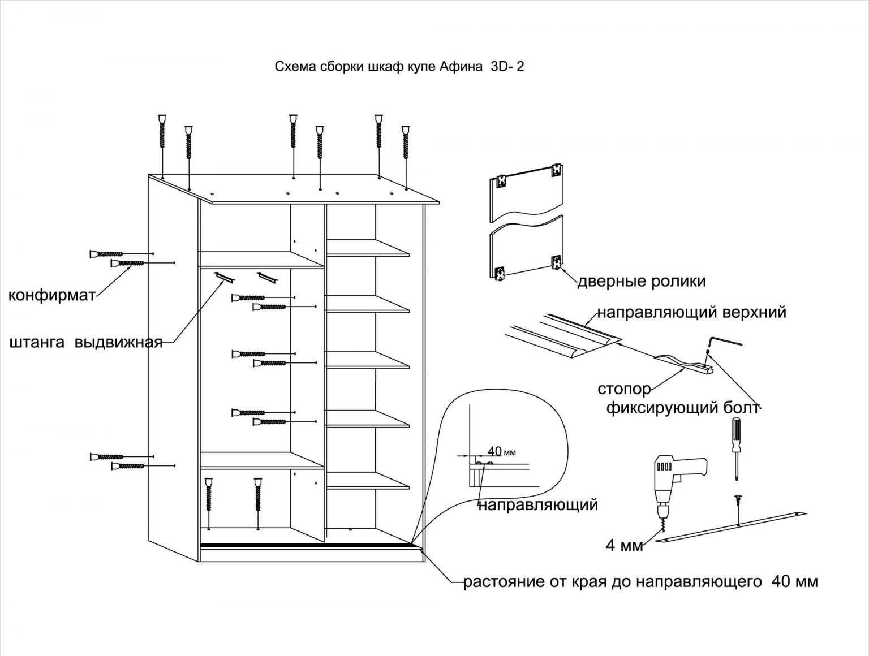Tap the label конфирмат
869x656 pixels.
point(51,295)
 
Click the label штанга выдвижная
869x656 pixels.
point(86,343)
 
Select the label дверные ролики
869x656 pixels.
point(641,281)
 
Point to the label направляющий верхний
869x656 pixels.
point(692,313)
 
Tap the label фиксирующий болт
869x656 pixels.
point(681,408)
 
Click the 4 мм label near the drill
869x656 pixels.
point(625,546)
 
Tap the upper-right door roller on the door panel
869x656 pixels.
point(557,170)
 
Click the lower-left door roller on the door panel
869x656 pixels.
point(500,274)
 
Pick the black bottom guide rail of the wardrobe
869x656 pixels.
point(306,546)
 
